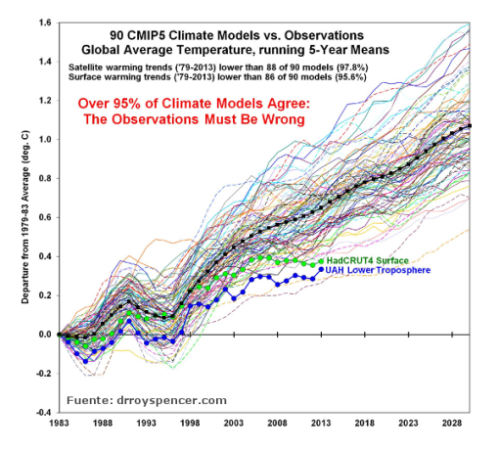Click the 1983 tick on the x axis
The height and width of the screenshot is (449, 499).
point(60,425)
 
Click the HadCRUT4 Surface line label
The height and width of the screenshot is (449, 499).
point(371,261)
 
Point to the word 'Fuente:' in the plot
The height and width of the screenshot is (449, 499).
point(90,399)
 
